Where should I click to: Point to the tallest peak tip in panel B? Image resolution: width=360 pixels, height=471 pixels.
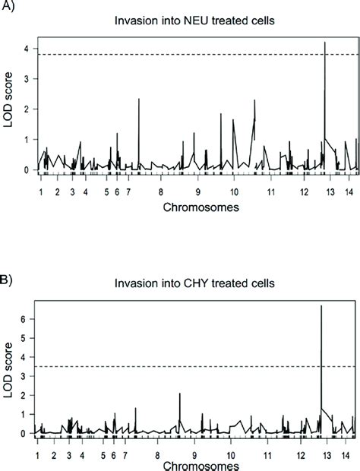(x=321, y=305)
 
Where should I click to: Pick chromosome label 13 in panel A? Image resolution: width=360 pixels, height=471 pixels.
(x=327, y=193)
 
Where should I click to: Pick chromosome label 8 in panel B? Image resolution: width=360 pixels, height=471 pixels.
(x=158, y=454)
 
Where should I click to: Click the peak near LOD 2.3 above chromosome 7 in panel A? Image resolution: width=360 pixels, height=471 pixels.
(x=139, y=99)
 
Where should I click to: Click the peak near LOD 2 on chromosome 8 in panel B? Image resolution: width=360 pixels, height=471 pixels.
(x=179, y=394)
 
